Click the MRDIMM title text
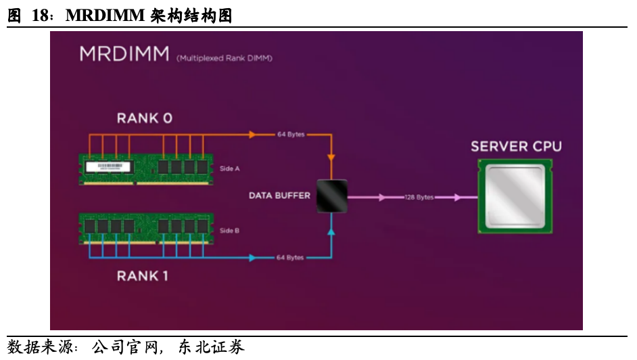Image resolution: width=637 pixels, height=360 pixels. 124,54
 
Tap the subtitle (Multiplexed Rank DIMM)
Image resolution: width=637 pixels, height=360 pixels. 225,59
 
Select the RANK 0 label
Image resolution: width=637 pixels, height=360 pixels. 145,118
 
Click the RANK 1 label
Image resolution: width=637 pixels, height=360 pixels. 143,276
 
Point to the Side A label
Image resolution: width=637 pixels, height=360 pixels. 230,168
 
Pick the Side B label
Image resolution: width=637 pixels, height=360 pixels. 230,231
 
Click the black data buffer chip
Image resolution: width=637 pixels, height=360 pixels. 331,196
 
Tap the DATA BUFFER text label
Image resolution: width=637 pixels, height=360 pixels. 279,196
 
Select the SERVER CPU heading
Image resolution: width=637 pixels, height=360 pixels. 516,147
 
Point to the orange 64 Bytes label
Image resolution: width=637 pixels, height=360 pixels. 291,135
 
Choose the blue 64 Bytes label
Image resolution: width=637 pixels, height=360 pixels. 291,258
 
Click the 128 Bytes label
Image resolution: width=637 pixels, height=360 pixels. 419,198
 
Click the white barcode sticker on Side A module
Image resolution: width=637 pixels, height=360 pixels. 112,166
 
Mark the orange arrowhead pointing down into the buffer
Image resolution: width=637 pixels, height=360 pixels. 331,158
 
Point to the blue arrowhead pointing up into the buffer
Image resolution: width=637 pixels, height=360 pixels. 331,232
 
